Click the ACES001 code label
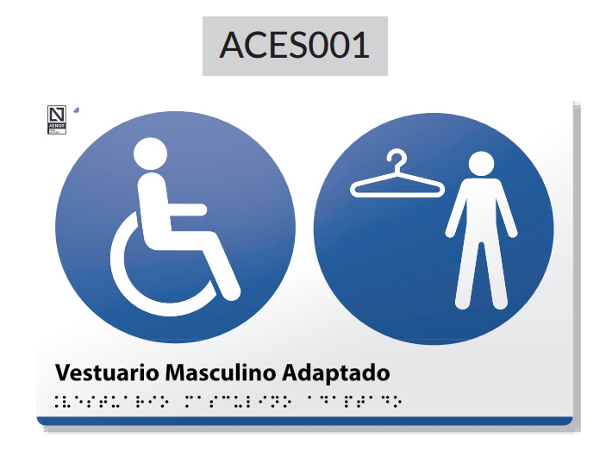tap(295, 45)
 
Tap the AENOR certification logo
tap(56, 119)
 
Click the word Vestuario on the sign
tap(107, 373)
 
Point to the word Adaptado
tap(332, 373)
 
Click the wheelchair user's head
tap(150, 155)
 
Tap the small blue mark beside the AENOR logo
tap(75, 110)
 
